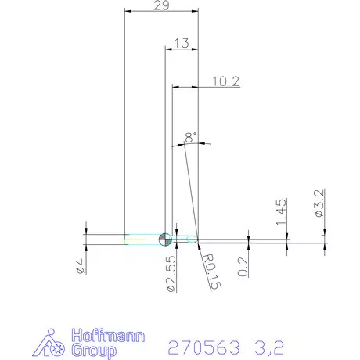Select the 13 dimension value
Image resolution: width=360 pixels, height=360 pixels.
pyautogui.click(x=182, y=44)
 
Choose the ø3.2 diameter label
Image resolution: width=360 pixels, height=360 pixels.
pyautogui.click(x=319, y=203)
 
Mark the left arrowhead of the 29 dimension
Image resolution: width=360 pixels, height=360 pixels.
pyautogui.click(x=128, y=12)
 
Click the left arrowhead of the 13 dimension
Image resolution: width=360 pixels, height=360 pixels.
pyautogui.click(x=167, y=49)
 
